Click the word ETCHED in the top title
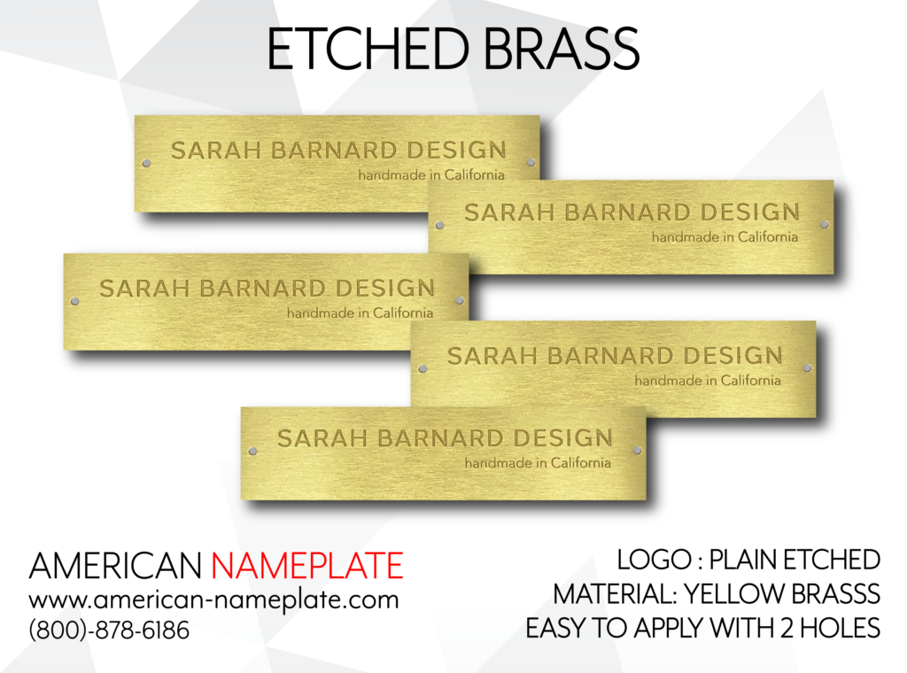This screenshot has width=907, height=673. click(x=368, y=49)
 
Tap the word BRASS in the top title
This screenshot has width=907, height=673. click(x=561, y=49)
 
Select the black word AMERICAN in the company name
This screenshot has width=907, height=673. click(x=115, y=566)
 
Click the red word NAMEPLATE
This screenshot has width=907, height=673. click(x=307, y=566)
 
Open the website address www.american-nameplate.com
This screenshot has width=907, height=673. click(x=214, y=600)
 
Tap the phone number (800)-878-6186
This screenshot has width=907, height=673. click(x=109, y=630)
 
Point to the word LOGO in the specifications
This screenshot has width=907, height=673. click(x=654, y=560)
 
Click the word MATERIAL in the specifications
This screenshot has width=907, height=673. click(x=614, y=594)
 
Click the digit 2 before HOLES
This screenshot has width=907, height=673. click(x=787, y=628)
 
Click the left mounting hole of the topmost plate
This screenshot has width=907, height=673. click(x=146, y=163)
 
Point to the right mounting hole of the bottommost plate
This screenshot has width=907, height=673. click(x=637, y=451)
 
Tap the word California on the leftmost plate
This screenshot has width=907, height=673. click(x=403, y=313)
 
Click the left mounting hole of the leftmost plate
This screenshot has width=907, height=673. click(x=74, y=301)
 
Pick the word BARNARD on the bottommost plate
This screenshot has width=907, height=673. click(x=441, y=438)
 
